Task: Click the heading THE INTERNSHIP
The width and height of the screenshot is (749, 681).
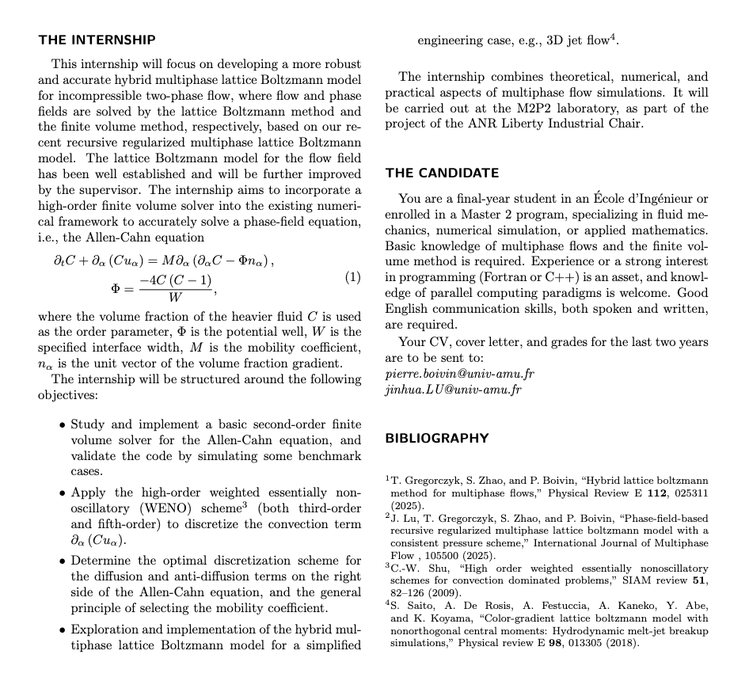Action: click(97, 40)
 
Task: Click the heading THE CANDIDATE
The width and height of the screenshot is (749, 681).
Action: click(442, 173)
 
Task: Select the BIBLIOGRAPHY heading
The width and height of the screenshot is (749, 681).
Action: click(436, 438)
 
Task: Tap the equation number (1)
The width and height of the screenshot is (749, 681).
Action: click(353, 277)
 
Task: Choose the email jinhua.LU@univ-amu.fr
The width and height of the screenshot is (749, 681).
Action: click(447, 389)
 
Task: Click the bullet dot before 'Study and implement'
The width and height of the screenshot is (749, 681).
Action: click(62, 425)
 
